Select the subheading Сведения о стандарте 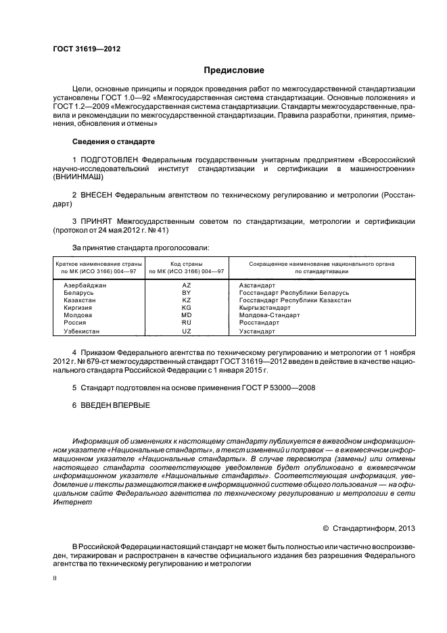[113, 142]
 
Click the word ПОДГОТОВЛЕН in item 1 [110, 158]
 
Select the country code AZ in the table [187, 285]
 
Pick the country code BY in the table [187, 293]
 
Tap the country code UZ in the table [187, 332]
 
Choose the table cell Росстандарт [260, 323]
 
